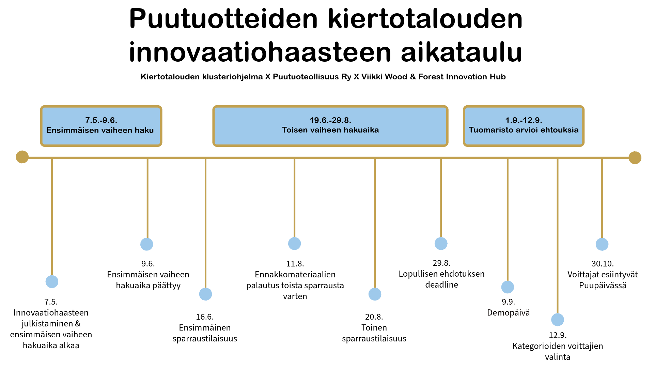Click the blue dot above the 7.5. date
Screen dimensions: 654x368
click(x=52, y=282)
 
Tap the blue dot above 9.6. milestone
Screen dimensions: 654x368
click(x=147, y=244)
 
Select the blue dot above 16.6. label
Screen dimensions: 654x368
click(x=205, y=294)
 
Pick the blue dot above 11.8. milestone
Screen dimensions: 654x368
click(x=294, y=244)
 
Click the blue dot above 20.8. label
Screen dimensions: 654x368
click(x=375, y=294)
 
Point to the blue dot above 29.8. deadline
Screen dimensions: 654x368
click(x=441, y=244)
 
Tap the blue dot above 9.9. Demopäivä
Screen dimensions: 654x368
click(x=508, y=287)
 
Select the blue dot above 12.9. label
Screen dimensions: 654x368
click(x=558, y=320)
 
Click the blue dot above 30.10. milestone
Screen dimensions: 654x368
click(x=602, y=244)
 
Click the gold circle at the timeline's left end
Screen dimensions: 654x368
click(x=22, y=157)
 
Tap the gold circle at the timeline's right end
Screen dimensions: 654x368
click(x=635, y=158)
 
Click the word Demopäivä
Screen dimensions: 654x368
click(x=508, y=313)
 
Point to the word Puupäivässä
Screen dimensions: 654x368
click(x=603, y=286)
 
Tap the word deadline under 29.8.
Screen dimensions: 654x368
click(x=441, y=285)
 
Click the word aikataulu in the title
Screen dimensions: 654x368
click(x=461, y=52)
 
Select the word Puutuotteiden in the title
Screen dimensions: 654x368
click(x=223, y=19)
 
